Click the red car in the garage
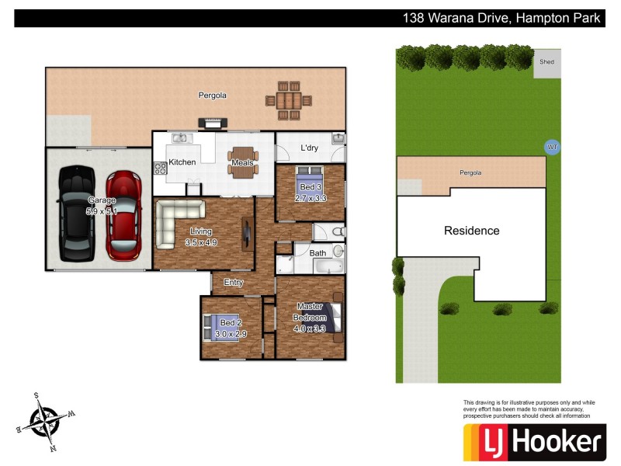(123, 215)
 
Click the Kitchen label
(182, 162)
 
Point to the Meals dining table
(242, 162)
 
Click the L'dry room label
(309, 148)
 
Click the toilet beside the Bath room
(337, 231)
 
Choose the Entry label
(234, 283)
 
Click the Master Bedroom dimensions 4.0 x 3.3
(310, 329)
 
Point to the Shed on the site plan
(547, 63)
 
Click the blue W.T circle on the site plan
(552, 147)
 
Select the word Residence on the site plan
(471, 231)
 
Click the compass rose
(43, 420)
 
